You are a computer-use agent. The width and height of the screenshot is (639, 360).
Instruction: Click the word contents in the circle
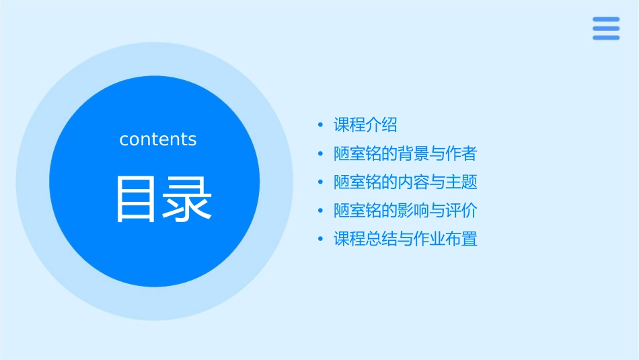pyautogui.click(x=158, y=139)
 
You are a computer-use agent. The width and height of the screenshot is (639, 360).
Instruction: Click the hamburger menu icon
pyautogui.click(x=605, y=28)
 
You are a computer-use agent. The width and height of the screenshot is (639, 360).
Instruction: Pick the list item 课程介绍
pyautogui.click(x=365, y=125)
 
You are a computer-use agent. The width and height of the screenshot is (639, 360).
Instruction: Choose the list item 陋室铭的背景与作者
pyautogui.click(x=405, y=154)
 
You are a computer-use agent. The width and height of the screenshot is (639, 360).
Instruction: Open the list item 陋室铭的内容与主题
pyautogui.click(x=405, y=182)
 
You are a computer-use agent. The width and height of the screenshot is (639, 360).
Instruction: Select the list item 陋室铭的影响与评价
pyautogui.click(x=405, y=211)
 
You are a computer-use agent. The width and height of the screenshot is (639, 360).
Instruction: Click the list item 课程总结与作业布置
pyautogui.click(x=405, y=239)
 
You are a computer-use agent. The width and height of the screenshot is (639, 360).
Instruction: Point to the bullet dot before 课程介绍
pyautogui.click(x=321, y=125)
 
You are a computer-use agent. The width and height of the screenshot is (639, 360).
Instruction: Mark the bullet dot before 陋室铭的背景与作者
pyautogui.click(x=321, y=154)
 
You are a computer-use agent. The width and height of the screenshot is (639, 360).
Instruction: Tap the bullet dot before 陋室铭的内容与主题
pyautogui.click(x=321, y=182)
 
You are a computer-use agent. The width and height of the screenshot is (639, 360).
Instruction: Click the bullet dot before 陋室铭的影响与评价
pyautogui.click(x=321, y=211)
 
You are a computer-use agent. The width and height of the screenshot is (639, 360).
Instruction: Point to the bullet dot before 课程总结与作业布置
pyautogui.click(x=321, y=239)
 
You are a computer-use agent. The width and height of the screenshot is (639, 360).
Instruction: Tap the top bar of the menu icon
pyautogui.click(x=605, y=20)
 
